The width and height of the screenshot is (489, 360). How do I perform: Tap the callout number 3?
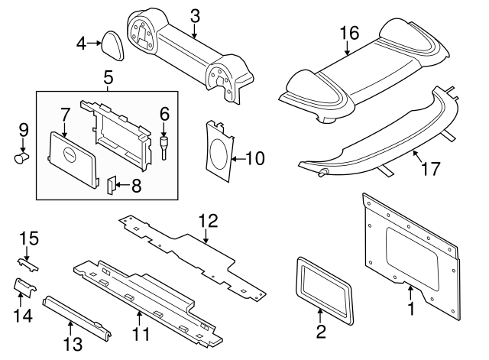point(195,15)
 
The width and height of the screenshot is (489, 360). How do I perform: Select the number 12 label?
point(208,222)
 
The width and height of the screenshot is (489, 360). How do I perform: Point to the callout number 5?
point(107,77)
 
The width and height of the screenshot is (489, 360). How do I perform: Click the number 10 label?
point(254,159)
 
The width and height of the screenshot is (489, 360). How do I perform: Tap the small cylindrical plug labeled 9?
point(21,157)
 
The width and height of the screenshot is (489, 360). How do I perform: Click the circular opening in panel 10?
point(219,153)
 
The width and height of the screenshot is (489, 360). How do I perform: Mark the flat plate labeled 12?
point(191,252)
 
